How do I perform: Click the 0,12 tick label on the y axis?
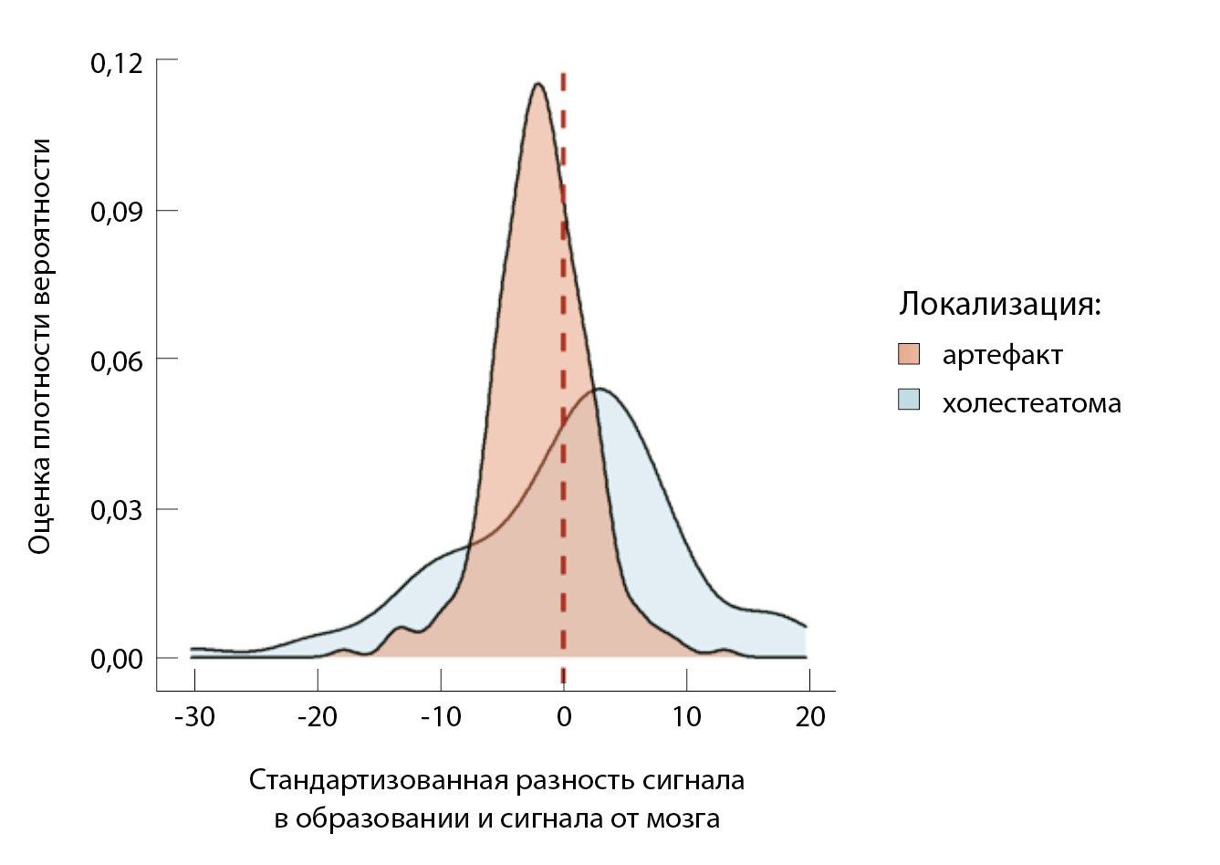click(117, 63)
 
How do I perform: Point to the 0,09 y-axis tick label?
click(117, 212)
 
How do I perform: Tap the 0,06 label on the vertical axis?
click(117, 361)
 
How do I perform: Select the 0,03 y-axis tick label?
click(117, 510)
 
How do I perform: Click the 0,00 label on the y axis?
click(117, 659)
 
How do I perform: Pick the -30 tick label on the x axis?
click(194, 717)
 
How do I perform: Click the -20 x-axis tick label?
click(318, 717)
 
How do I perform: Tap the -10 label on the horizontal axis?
click(441, 717)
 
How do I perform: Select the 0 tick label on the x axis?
click(564, 717)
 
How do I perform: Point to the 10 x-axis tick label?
click(686, 717)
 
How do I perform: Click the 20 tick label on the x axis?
click(810, 717)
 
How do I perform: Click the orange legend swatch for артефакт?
click(909, 354)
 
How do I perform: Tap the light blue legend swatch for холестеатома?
click(909, 400)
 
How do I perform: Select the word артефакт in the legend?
click(1002, 355)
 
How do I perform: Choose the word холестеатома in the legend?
click(1031, 403)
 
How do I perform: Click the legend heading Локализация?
click(1000, 304)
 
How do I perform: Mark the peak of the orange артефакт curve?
click(537, 84)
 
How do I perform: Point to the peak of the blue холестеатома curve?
click(597, 390)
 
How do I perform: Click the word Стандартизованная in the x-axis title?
click(379, 781)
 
